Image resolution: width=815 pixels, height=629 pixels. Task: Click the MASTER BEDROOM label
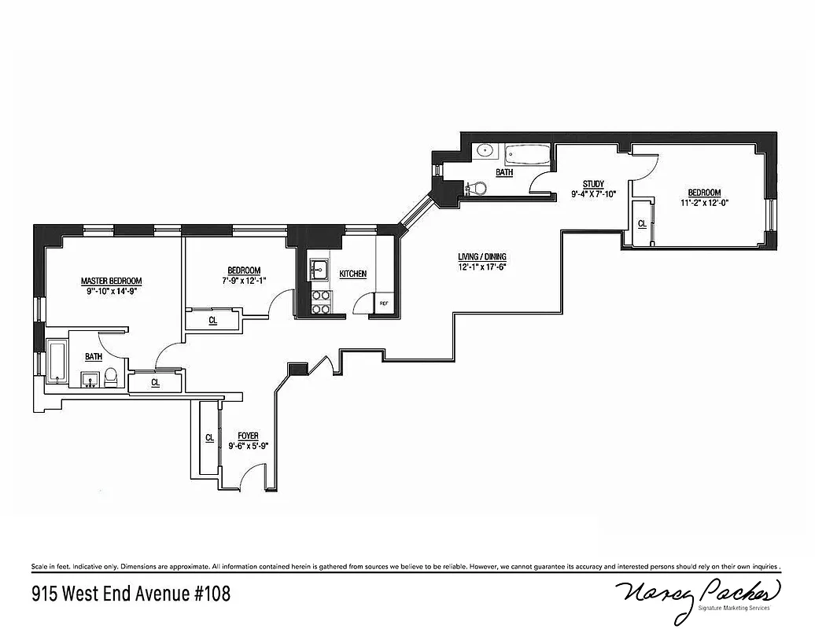(x=111, y=281)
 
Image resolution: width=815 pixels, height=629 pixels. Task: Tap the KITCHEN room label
(x=352, y=274)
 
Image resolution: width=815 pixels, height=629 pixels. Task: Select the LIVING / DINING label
(x=482, y=256)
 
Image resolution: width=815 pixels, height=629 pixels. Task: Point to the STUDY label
(x=593, y=184)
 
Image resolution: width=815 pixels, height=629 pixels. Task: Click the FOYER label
(x=248, y=436)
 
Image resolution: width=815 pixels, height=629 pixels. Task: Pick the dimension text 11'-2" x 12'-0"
(x=704, y=202)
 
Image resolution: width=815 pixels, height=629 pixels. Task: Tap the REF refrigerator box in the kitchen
(x=384, y=303)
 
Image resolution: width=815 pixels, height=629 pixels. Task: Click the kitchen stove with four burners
(x=321, y=303)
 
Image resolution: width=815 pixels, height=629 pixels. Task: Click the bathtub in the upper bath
(x=527, y=155)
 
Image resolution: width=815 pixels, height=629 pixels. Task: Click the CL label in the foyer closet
(x=209, y=438)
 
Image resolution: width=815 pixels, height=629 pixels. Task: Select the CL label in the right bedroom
(x=642, y=223)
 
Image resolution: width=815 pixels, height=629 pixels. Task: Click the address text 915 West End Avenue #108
(x=131, y=592)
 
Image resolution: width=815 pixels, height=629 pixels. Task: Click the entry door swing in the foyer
(x=252, y=476)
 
